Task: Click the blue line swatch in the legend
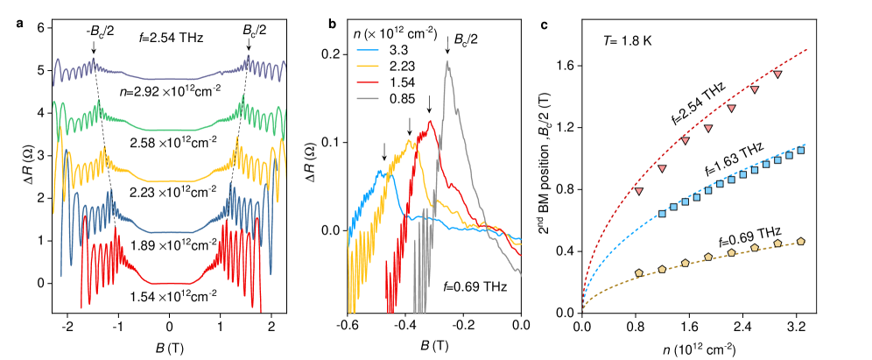coord(368,50)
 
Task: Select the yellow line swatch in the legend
coord(368,66)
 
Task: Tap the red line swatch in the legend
coord(368,82)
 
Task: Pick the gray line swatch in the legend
coord(368,98)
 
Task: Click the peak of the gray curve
coord(447,62)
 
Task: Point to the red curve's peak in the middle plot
coord(430,122)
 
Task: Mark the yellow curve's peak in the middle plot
coord(409,139)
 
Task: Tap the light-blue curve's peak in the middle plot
coord(380,171)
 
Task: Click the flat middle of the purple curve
coord(169,79)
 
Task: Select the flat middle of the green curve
coord(169,130)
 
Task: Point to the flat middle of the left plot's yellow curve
coord(169,181)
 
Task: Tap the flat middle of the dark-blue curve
coord(169,232)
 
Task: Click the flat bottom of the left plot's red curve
coord(169,283)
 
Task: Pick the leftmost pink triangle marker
coord(638,191)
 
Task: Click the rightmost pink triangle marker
coord(777,74)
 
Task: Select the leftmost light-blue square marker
coord(662,213)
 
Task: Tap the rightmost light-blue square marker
coord(800,150)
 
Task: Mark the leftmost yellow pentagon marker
coord(638,273)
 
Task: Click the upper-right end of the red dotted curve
coord(805,50)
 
